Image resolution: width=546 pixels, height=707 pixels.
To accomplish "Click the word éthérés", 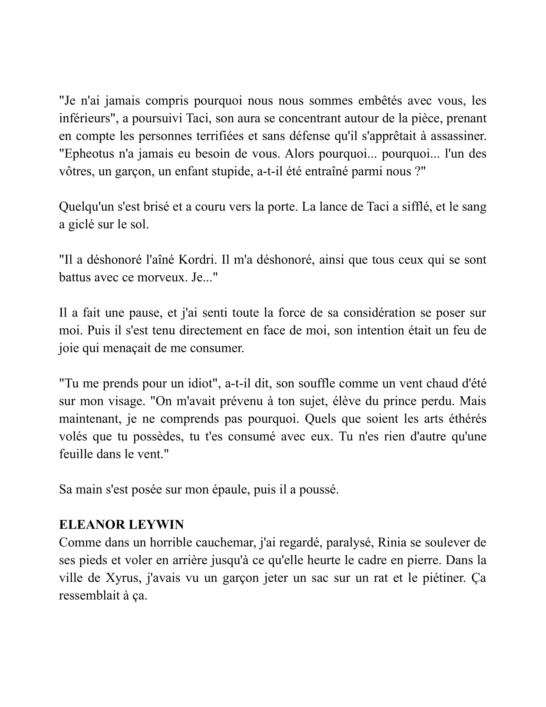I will coord(467,419).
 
